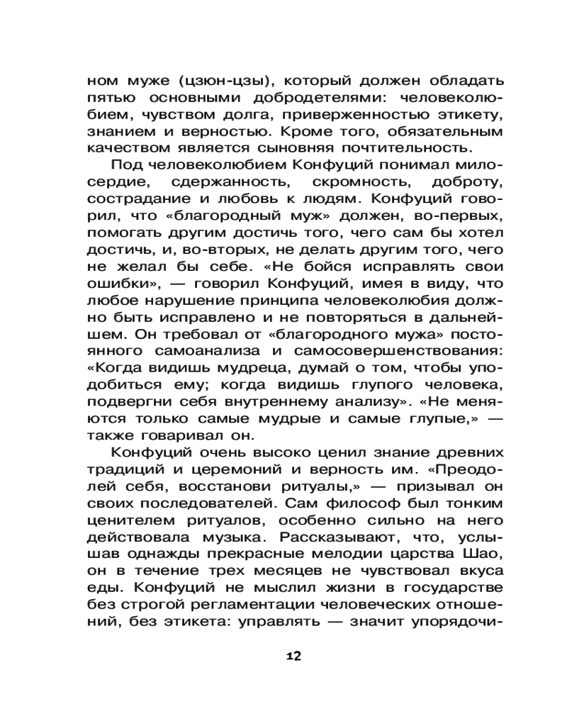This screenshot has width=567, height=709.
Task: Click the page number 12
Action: click(283, 655)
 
